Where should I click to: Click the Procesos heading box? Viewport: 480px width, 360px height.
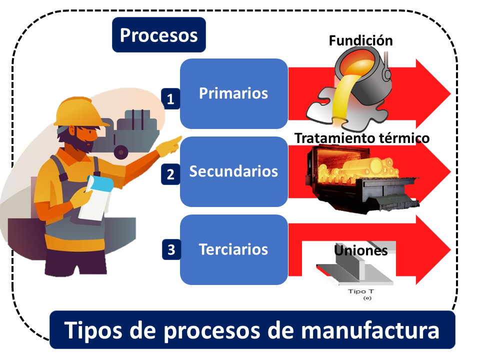[x=159, y=35]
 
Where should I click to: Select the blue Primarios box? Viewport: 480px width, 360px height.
[x=233, y=93]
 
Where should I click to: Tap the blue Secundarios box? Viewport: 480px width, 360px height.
[x=233, y=171]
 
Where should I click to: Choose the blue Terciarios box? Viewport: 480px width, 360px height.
[x=233, y=249]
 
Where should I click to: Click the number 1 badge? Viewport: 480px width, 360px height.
[x=170, y=98]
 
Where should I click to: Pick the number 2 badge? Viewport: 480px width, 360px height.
[x=170, y=174]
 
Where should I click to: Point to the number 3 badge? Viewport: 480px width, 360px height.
[x=171, y=249]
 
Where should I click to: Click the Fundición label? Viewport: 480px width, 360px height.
[x=360, y=41]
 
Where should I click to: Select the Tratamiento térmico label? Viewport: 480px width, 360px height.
[x=362, y=137]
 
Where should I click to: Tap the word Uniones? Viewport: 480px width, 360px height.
[x=360, y=250]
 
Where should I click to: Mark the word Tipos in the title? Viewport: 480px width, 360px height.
[x=92, y=330]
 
